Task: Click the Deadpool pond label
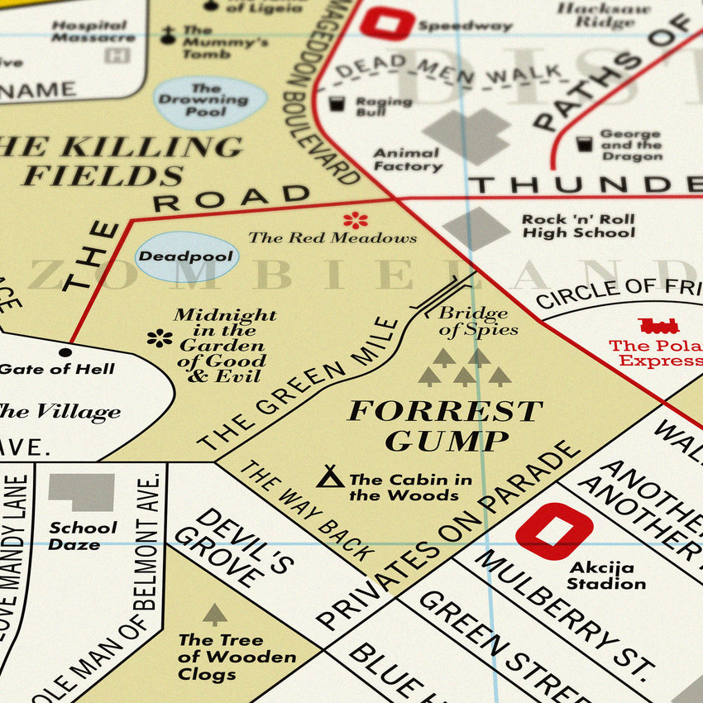pyautogui.click(x=186, y=256)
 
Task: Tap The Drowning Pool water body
pyautogui.click(x=210, y=102)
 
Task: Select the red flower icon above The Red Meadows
pyautogui.click(x=356, y=220)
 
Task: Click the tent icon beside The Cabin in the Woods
pyautogui.click(x=331, y=476)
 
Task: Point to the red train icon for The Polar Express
pyautogui.click(x=658, y=325)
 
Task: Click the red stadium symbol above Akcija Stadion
pyautogui.click(x=554, y=531)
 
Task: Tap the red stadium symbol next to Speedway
pyautogui.click(x=387, y=23)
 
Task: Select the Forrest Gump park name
pyautogui.click(x=445, y=425)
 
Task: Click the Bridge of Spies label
pyautogui.click(x=478, y=321)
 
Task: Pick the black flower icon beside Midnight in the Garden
pyautogui.click(x=160, y=337)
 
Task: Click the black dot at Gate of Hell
pyautogui.click(x=65, y=352)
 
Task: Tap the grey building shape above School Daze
pyautogui.click(x=81, y=492)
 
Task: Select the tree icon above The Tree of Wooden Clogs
pyautogui.click(x=215, y=614)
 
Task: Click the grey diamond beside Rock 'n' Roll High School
pyautogui.click(x=476, y=227)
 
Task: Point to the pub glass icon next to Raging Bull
pyautogui.click(x=337, y=104)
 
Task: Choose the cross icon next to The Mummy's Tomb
pyautogui.click(x=168, y=35)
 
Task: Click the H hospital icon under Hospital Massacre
pyautogui.click(x=117, y=55)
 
